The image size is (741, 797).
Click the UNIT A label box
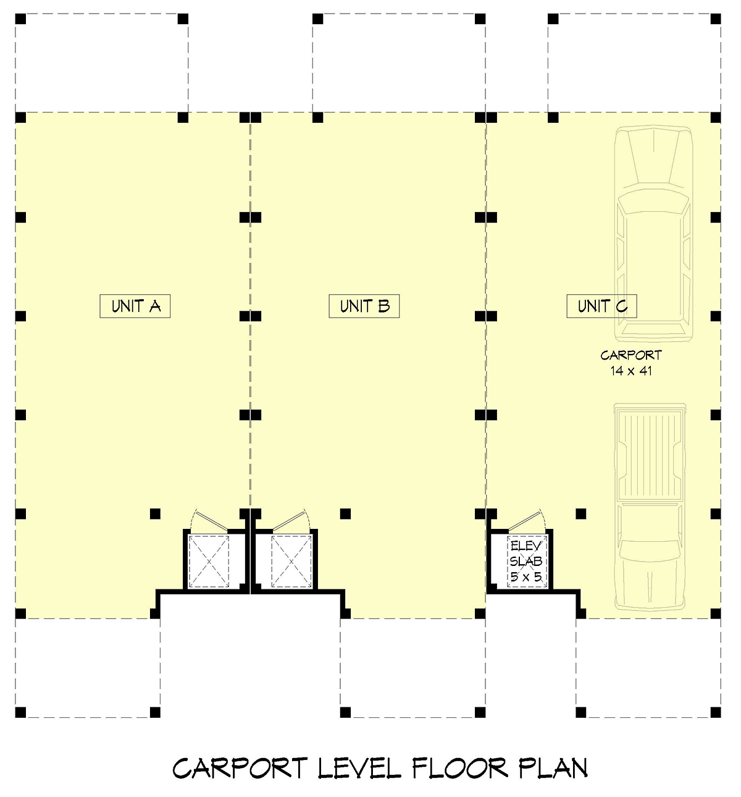coord(135,306)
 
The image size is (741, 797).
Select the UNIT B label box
coord(364,306)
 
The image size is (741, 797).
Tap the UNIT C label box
coord(602,306)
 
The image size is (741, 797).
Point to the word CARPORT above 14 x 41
coord(631,355)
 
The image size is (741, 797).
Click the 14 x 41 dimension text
coord(631,371)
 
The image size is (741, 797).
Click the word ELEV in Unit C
coord(526,546)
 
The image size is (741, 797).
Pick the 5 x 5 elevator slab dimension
coord(526,577)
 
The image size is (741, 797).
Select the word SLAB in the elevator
coord(526,562)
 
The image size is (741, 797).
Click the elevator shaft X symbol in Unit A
coord(209,561)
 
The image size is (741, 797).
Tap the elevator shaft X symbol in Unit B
coord(291,561)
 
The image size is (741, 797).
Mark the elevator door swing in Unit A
coord(209,520)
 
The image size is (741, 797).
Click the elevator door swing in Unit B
coord(291,520)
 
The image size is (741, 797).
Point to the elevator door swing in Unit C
coord(527,520)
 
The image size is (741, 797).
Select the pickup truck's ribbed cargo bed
coord(650,455)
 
